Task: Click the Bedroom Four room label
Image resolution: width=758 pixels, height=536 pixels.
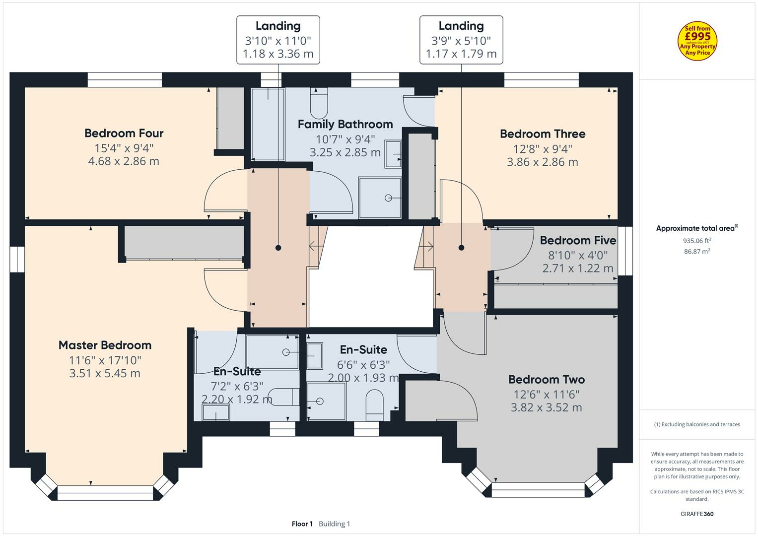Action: point(124,133)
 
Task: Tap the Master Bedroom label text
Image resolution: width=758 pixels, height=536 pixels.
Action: point(105,345)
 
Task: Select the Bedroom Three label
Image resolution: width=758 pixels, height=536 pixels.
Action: point(542,134)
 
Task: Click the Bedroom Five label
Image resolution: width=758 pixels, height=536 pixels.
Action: point(578,241)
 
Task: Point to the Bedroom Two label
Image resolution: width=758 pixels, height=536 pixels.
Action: point(546,380)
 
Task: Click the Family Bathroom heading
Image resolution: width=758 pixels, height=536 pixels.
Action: point(345,124)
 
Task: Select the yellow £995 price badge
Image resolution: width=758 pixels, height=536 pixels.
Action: point(697,41)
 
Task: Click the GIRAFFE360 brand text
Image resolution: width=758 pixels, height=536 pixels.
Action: point(696,514)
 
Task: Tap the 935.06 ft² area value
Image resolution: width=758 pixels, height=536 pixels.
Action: point(696,241)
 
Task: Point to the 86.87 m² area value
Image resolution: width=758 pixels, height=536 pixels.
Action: point(696,252)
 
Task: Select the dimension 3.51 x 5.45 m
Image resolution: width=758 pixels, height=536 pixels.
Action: point(105,373)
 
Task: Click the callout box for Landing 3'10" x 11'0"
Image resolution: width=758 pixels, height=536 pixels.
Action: point(278,40)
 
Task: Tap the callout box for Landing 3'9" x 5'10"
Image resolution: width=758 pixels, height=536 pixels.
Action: point(461,40)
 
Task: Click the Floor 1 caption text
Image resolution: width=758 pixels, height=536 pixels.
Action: point(302,524)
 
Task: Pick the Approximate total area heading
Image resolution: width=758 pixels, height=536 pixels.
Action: point(696,228)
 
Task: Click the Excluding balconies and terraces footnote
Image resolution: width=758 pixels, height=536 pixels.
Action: point(696,424)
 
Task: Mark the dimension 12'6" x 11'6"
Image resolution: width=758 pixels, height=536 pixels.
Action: point(546,394)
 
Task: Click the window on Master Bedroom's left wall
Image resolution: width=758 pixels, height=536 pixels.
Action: point(17,260)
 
